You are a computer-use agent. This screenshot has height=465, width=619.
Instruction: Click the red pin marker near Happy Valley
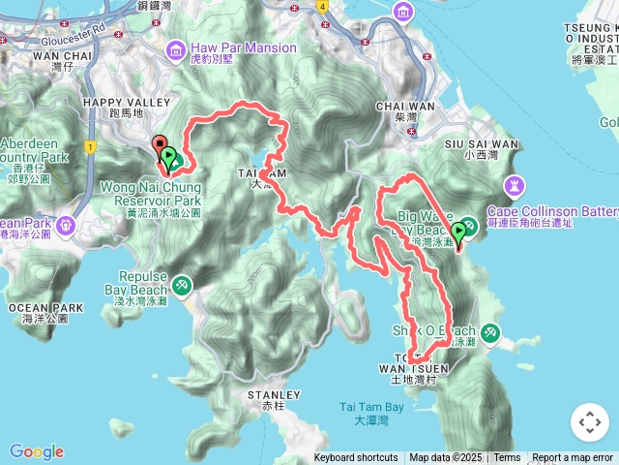(x=160, y=146)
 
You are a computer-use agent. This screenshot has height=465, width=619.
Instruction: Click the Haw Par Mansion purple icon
(x=176, y=49)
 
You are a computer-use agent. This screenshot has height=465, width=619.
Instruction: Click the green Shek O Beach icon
(x=490, y=333)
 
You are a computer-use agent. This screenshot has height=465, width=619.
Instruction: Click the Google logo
(x=37, y=451)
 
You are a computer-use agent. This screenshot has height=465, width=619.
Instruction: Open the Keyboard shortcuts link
(x=355, y=458)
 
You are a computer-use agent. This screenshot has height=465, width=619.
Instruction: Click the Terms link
(x=507, y=458)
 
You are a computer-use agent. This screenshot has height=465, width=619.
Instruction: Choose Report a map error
(x=573, y=458)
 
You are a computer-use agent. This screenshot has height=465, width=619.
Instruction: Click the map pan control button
(x=589, y=422)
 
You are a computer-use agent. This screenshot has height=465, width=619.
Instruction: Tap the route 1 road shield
(x=91, y=147)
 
